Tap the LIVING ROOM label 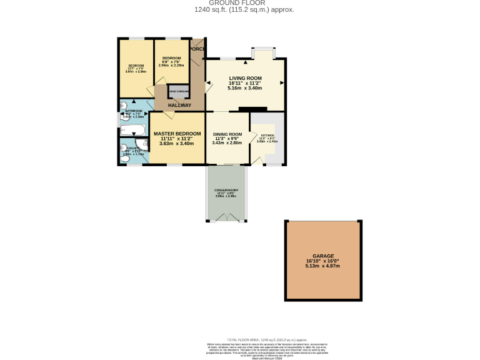click(x=245, y=78)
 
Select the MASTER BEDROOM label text click(x=177, y=134)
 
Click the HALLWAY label click(x=179, y=105)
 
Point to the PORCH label click(x=197, y=49)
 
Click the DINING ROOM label click(x=227, y=134)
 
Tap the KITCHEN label click(x=267, y=135)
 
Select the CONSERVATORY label click(x=227, y=190)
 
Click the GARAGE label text click(x=324, y=256)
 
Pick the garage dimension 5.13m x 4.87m click(x=324, y=266)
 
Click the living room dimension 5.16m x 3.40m click(x=245, y=88)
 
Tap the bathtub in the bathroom click(x=132, y=131)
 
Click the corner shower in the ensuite click(x=144, y=146)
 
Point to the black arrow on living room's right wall click(x=282, y=82)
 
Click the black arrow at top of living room click(x=245, y=62)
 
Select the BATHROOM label click(x=134, y=111)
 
